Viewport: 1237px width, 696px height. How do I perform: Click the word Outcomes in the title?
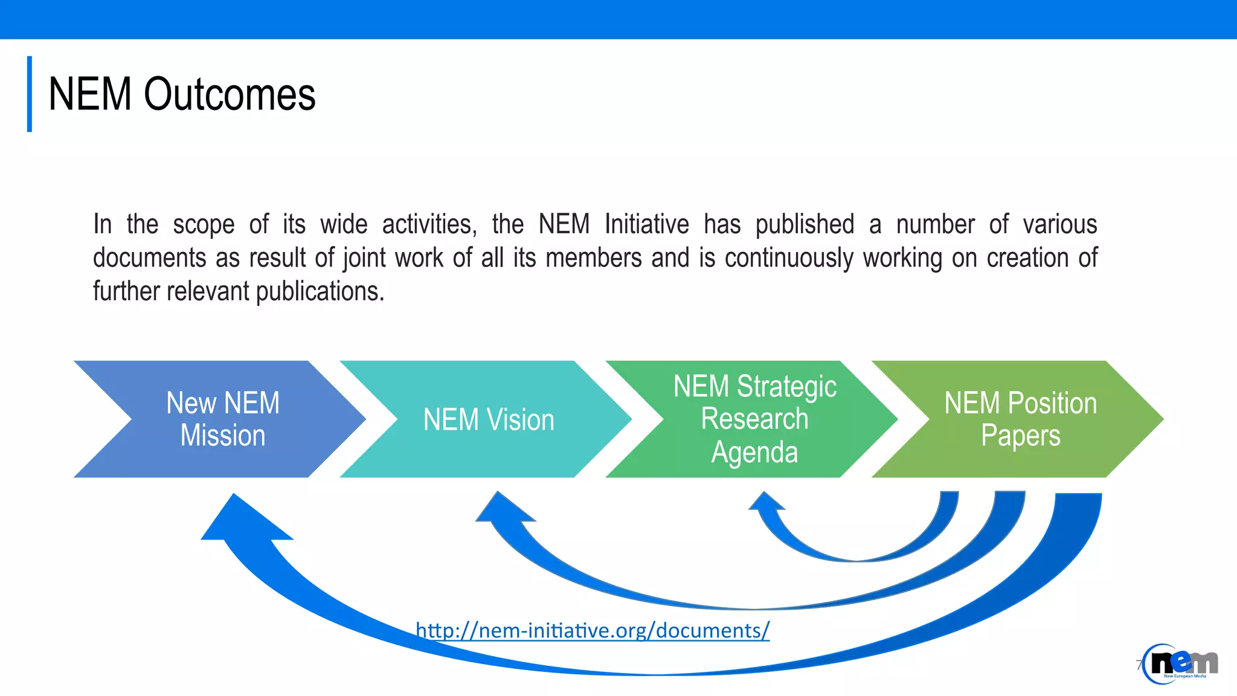(230, 95)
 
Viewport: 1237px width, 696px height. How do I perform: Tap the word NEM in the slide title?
(89, 95)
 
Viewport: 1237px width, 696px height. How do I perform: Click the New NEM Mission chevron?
(222, 419)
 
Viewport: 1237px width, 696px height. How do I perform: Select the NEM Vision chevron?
(488, 419)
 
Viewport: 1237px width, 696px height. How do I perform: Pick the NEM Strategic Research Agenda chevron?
(754, 419)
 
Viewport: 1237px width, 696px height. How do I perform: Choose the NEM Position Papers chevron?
(1020, 419)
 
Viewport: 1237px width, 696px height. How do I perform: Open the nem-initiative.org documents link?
(593, 630)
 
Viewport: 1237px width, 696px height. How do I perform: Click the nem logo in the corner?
(1180, 664)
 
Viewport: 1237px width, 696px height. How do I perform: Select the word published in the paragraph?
(805, 225)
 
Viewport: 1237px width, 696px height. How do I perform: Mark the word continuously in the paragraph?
(789, 258)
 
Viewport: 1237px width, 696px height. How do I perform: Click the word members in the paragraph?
(593, 258)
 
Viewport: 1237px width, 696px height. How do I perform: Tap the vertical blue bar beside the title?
(29, 94)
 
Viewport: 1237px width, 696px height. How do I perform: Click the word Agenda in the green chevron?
(754, 452)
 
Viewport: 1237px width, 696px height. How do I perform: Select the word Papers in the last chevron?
(1020, 436)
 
